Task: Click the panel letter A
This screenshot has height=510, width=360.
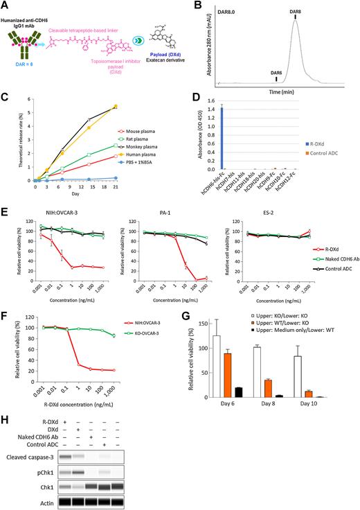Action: pyautogui.click(x=5, y=6)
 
